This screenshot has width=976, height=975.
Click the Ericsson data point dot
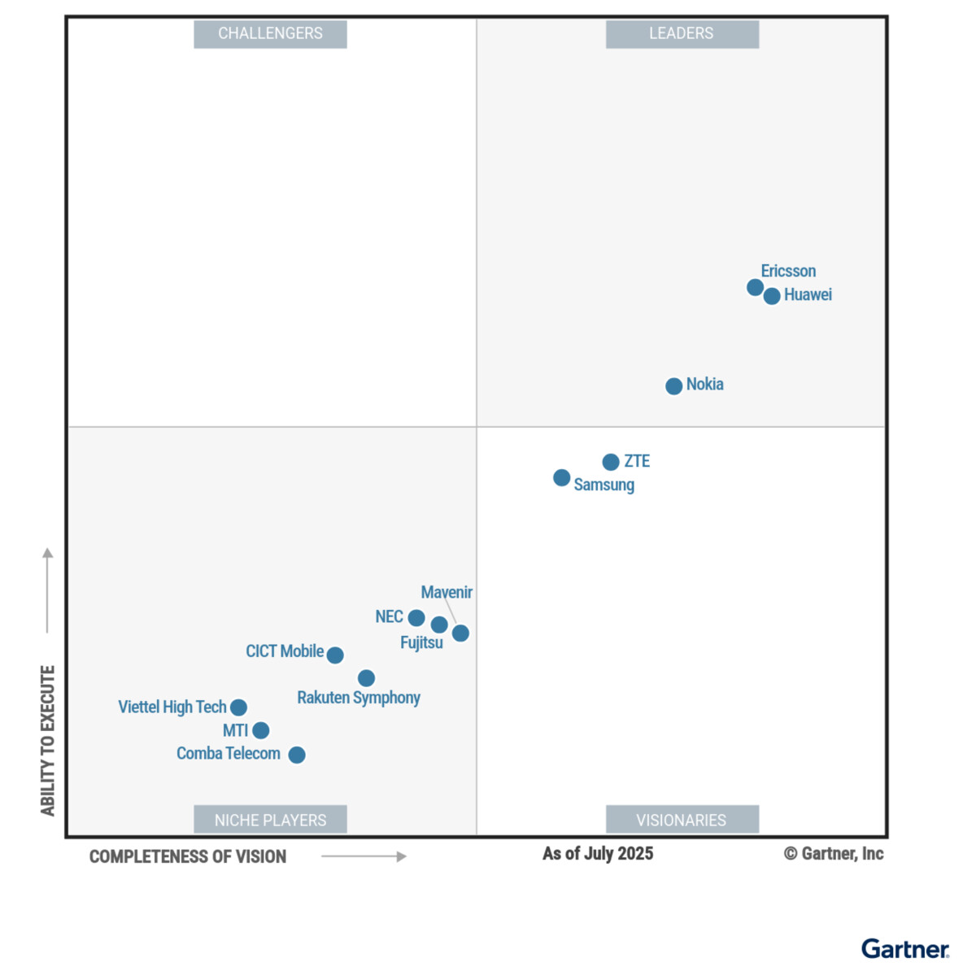(755, 287)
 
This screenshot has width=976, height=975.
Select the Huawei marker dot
(772, 296)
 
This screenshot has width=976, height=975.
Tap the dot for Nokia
(673, 386)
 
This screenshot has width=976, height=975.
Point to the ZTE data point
(611, 462)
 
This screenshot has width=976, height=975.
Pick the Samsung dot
(561, 477)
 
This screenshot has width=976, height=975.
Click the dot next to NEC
(416, 618)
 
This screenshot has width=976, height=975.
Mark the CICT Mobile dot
(335, 655)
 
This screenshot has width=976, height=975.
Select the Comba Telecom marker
(297, 755)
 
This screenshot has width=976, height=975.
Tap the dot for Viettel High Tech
(238, 707)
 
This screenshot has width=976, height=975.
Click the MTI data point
(260, 730)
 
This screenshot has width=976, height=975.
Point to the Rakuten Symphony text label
(359, 698)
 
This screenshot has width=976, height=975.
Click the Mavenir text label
(447, 592)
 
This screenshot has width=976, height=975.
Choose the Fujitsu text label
(421, 642)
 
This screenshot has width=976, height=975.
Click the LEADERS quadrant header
(682, 33)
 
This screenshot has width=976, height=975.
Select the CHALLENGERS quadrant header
(270, 33)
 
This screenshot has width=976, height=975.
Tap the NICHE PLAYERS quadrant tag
(270, 820)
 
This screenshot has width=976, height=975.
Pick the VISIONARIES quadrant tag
(682, 820)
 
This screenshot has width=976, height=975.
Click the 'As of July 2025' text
(598, 853)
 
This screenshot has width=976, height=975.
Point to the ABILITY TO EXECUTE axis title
(48, 740)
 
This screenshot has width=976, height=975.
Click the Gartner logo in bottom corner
(904, 949)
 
